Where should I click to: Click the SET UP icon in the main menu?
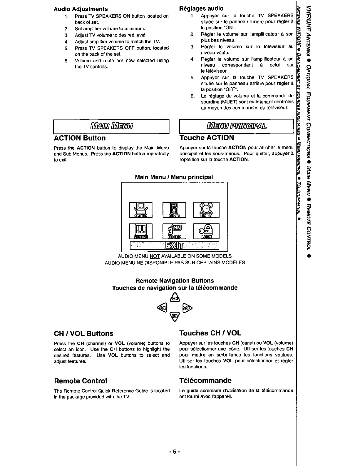point(141,210)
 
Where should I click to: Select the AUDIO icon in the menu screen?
point(174,210)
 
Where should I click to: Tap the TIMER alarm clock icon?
point(206,210)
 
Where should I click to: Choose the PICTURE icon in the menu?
point(141,231)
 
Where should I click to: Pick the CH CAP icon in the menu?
point(174,231)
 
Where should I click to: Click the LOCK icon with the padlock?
point(206,231)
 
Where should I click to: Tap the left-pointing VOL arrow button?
point(162,308)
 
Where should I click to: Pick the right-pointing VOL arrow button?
point(187,308)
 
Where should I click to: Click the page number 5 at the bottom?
point(174,451)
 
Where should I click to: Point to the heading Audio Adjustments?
point(81,9)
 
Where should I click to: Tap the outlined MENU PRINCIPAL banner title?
point(237,126)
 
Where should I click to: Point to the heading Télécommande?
point(205,380)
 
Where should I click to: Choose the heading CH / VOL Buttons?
point(83,333)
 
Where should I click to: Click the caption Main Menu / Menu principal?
point(174,177)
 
